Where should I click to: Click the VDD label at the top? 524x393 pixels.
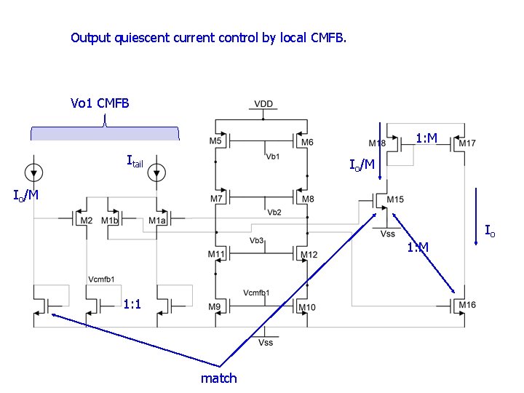(263, 104)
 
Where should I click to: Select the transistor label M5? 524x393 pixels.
(215, 141)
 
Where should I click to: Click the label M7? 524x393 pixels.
(216, 199)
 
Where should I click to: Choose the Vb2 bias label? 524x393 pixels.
(274, 213)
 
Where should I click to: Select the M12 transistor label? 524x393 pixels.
(309, 254)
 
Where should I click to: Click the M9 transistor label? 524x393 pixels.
(214, 306)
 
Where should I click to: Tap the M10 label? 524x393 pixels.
(307, 307)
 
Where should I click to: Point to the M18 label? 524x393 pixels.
(377, 143)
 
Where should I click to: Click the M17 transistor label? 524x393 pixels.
(467, 143)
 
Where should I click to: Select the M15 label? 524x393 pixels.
(395, 199)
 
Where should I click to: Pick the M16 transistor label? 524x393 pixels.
(467, 304)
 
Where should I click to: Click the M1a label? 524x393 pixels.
(156, 221)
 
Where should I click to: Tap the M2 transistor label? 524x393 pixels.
(86, 221)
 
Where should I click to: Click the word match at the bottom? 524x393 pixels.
(218, 378)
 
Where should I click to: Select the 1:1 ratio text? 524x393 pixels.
(132, 303)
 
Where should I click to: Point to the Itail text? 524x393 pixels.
(135, 161)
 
